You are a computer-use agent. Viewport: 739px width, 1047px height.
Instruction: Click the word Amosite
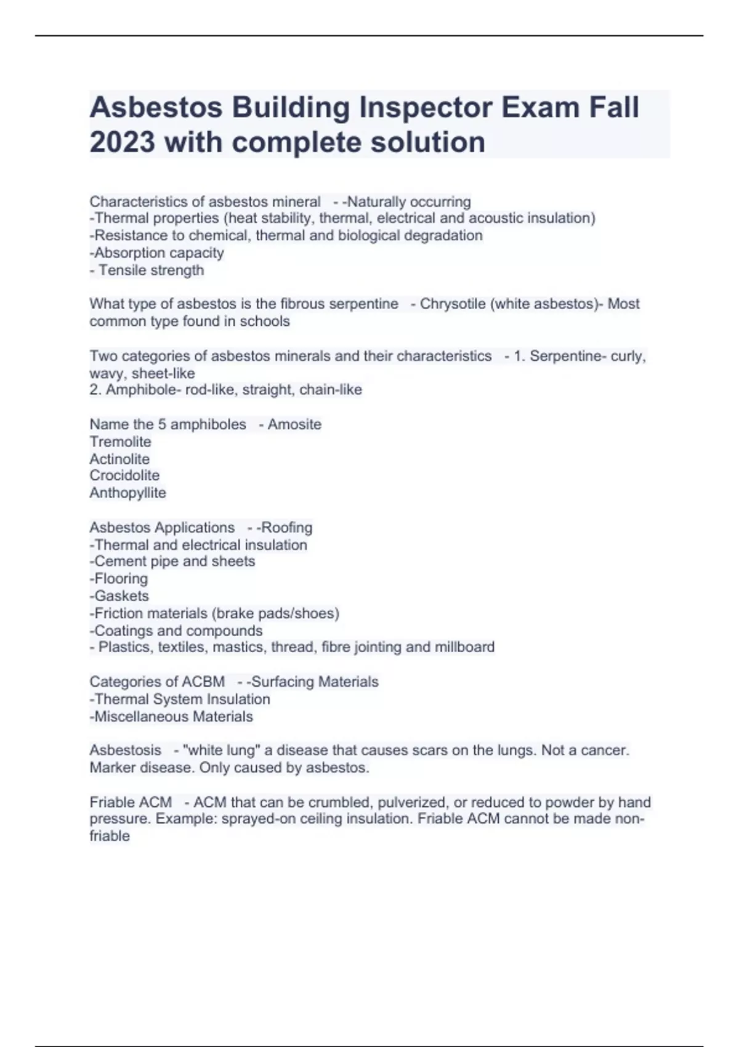pos(294,424)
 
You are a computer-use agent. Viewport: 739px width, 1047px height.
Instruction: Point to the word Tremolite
pos(120,442)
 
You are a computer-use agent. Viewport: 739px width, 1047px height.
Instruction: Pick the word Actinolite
pos(119,459)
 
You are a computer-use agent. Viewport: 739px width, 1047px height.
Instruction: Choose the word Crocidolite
pos(124,475)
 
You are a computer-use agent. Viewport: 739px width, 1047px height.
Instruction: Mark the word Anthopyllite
pos(127,493)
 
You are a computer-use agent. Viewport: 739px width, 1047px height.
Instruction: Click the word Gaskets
pos(121,596)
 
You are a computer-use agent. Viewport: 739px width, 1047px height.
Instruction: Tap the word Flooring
pos(121,578)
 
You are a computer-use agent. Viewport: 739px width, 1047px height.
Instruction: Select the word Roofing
pos(287,528)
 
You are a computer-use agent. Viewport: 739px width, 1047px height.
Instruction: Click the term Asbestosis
pos(125,750)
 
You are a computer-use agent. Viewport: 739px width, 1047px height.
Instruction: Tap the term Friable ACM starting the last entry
pos(131,802)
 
